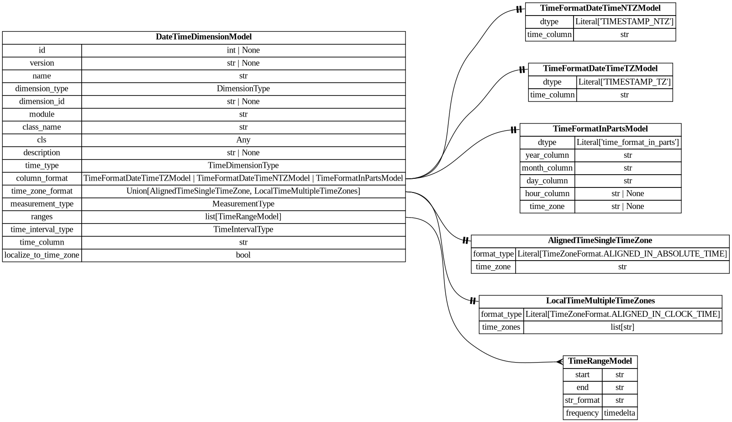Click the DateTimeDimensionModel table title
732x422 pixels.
click(204, 37)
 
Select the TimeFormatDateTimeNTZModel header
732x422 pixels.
click(600, 8)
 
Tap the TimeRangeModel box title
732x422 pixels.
click(600, 361)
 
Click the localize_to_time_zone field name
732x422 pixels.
click(42, 255)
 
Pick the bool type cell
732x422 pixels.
click(243, 255)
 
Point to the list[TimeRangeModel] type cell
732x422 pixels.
click(243, 217)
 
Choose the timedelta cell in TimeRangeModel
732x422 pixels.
click(619, 413)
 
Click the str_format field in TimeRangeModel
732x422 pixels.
click(582, 401)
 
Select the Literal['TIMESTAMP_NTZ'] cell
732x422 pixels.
click(624, 22)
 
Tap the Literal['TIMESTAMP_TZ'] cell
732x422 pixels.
click(624, 82)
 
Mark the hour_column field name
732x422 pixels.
click(547, 194)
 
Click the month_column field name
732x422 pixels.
click(547, 168)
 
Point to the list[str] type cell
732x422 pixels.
click(622, 327)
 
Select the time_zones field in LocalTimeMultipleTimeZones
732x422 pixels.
click(501, 327)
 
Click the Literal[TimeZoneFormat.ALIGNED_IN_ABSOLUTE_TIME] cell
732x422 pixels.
click(622, 254)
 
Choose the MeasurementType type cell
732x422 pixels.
click(243, 204)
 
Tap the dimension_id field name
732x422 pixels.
click(42, 101)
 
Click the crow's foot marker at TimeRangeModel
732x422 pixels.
click(559, 362)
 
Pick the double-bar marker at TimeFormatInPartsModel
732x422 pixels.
click(514, 130)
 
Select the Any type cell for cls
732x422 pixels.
click(243, 140)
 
